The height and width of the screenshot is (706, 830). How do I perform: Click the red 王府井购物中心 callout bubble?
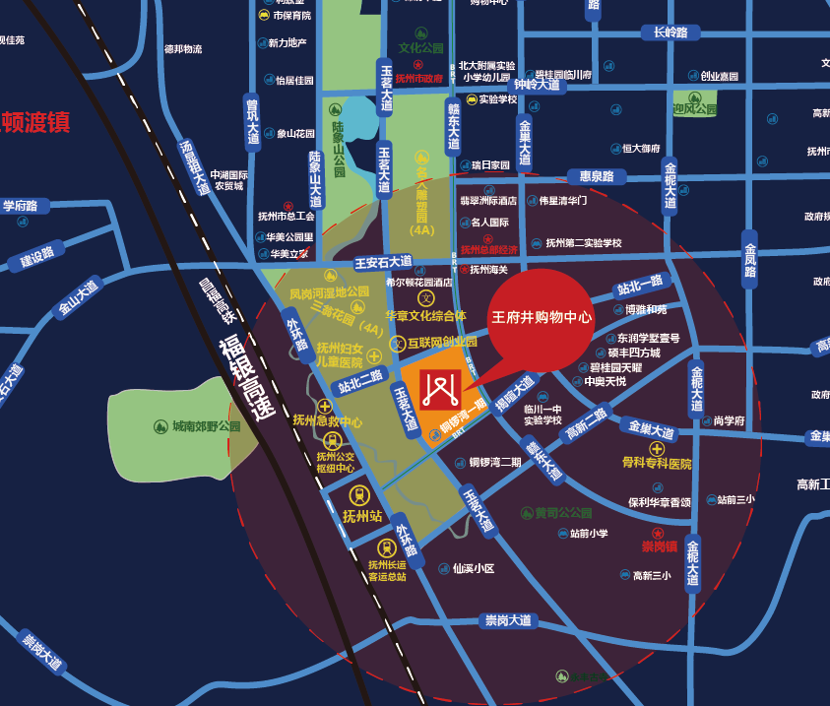point(542,317)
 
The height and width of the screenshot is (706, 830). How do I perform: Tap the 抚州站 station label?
point(361,515)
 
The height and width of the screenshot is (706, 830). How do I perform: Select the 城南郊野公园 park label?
point(206,426)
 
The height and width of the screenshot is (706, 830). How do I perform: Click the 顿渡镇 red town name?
point(35,123)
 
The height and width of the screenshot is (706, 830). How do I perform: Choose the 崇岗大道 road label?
point(508,620)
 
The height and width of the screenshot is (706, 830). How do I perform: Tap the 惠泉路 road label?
point(597,177)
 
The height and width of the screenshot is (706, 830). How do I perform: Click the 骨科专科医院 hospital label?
point(657,463)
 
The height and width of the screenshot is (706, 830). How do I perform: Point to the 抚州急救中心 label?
point(328,420)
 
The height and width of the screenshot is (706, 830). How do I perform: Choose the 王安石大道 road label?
point(383,262)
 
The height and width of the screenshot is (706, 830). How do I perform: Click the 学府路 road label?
point(20,206)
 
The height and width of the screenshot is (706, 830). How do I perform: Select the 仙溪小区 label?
point(473,568)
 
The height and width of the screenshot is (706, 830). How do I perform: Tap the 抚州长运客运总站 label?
point(387,571)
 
